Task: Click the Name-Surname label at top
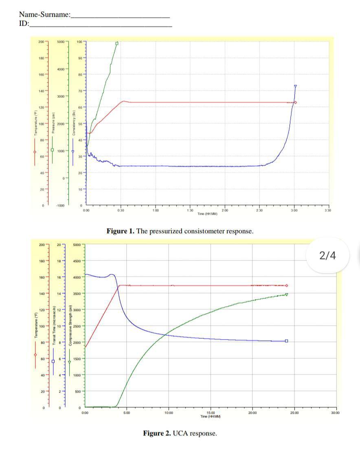click(44, 15)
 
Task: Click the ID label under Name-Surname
click(24, 23)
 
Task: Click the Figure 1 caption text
click(180, 231)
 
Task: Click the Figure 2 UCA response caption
click(180, 433)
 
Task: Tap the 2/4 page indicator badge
click(327, 256)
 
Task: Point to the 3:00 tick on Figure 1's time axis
click(294, 210)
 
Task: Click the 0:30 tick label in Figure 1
click(121, 210)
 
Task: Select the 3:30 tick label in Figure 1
click(329, 210)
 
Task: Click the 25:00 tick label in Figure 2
click(294, 413)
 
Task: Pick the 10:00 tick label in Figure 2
click(169, 413)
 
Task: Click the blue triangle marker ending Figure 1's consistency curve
click(295, 86)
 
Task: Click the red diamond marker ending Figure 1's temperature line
click(295, 102)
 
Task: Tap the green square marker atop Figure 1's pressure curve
click(117, 43)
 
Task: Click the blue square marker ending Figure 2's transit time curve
click(287, 341)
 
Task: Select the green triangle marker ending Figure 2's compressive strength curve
click(287, 294)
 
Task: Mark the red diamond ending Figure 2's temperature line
click(287, 285)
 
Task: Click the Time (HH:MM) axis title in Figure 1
click(208, 214)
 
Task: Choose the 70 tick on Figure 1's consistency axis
click(80, 91)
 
